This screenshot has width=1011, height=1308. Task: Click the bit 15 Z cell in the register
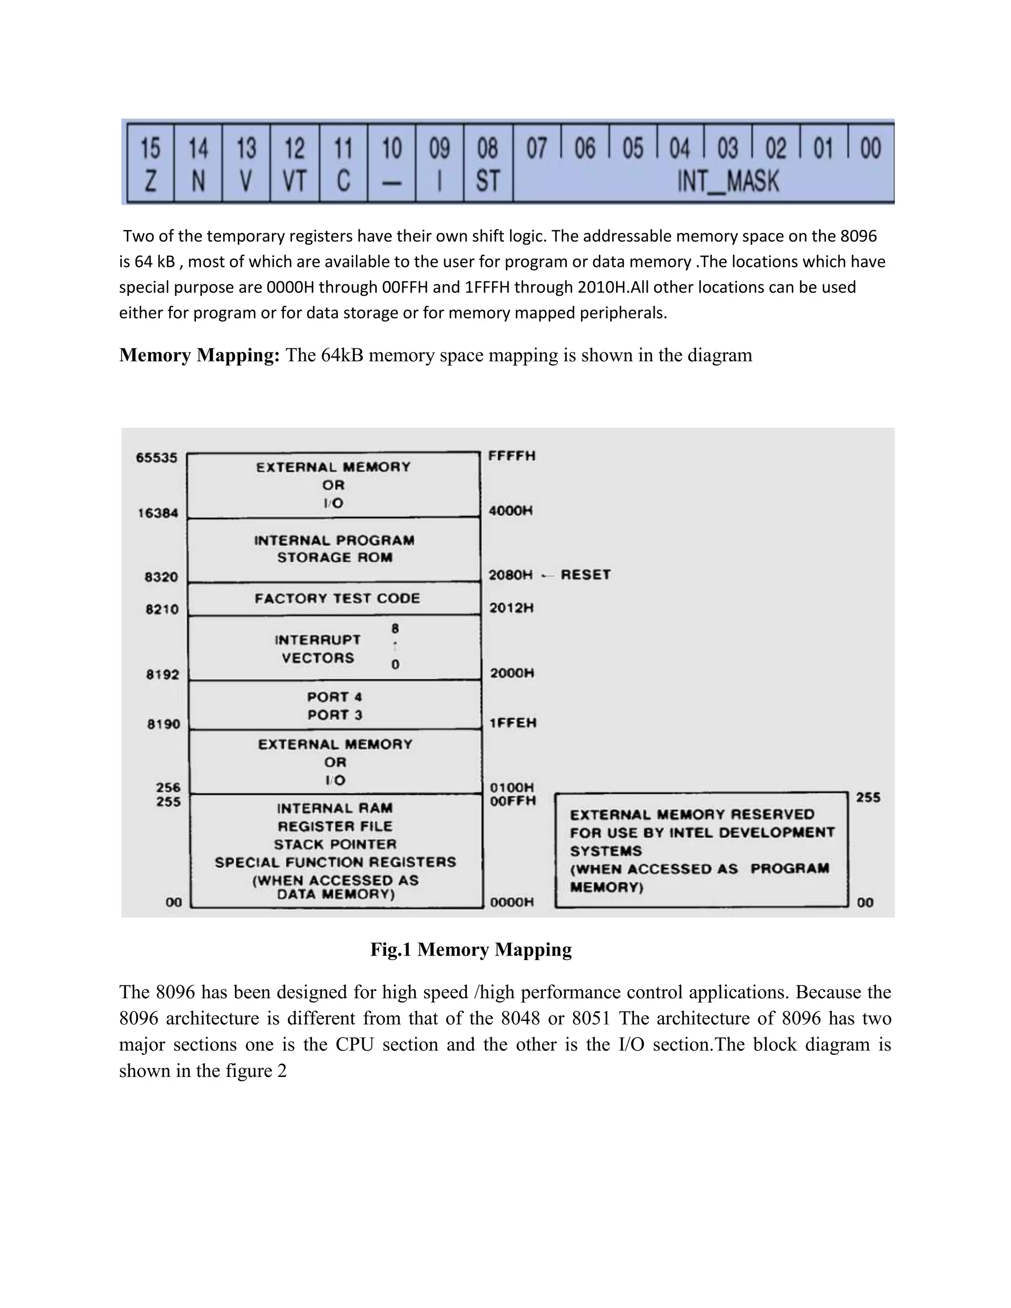pos(151,163)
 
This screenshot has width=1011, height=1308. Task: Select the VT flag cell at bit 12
pos(294,163)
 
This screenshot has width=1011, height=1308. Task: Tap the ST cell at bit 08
pos(488,163)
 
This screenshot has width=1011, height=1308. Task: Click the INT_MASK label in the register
pos(728,181)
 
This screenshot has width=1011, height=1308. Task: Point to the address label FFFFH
pos(511,457)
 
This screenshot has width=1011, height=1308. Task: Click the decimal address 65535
pos(156,458)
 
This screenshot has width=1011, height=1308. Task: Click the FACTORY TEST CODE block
pos(337,598)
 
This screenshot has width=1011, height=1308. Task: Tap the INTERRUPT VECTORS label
pos(318,649)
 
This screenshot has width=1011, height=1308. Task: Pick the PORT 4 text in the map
pos(334,697)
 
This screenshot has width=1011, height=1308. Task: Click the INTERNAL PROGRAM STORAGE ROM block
pos(334,548)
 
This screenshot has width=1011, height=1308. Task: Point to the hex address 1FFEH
pos(513,723)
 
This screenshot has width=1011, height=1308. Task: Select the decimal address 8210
pos(162,610)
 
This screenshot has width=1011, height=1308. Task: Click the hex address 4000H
pos(510,511)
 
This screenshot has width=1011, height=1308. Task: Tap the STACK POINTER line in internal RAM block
pos(335,845)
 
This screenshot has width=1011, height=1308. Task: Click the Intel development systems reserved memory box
pos(701,850)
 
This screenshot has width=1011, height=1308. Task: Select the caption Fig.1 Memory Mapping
pos(471,949)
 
